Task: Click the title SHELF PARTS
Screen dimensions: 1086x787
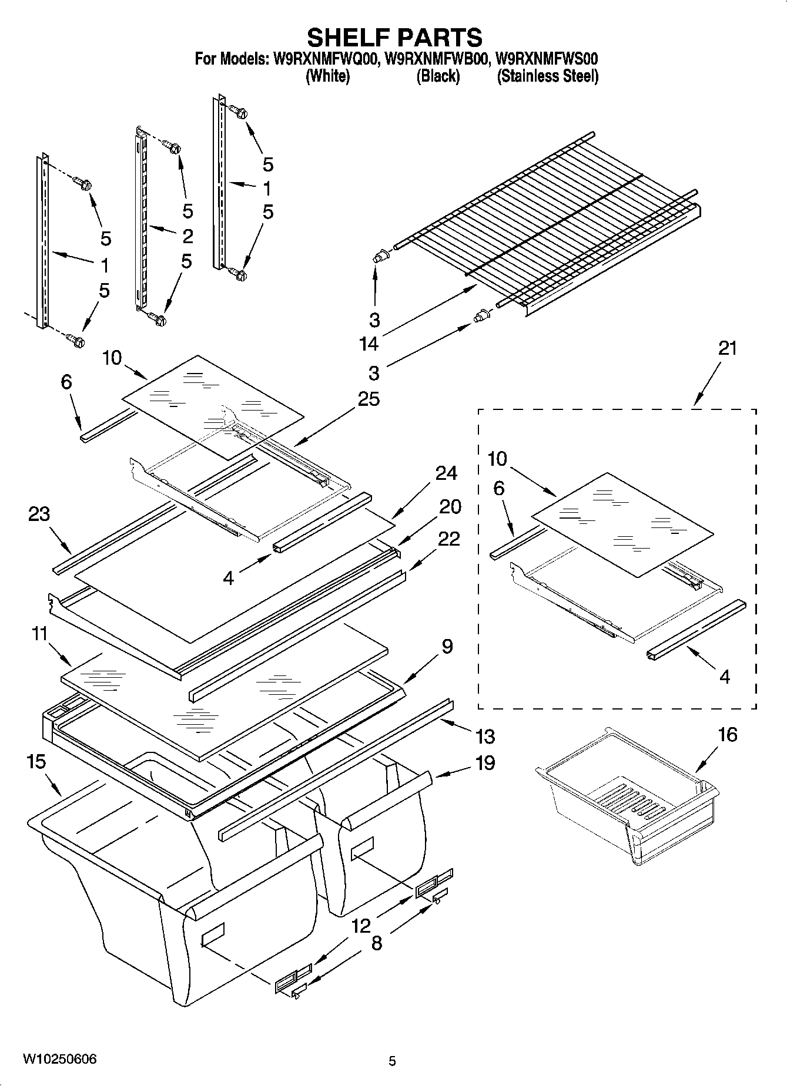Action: pos(394,37)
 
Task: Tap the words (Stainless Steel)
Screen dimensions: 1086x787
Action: pos(547,76)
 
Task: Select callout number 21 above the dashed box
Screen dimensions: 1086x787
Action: pos(727,348)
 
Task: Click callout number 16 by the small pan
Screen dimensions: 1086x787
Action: pos(728,734)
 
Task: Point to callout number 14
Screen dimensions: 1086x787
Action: pos(369,344)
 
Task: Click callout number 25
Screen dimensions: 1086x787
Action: pos(369,399)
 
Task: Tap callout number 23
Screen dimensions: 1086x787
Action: pos(39,514)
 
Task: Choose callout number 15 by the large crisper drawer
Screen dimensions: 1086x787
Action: pos(36,762)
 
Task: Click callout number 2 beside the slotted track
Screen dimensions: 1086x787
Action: pos(187,236)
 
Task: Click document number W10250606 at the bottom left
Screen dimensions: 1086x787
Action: pos(59,1060)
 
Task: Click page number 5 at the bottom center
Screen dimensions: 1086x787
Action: pos(393,1061)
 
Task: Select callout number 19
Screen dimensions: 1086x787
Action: pos(485,763)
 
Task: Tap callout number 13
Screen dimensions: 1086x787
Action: pos(485,736)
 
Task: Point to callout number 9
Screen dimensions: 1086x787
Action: pos(447,647)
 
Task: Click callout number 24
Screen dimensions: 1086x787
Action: pos(447,473)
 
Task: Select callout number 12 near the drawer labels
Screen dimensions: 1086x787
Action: pos(361,926)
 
